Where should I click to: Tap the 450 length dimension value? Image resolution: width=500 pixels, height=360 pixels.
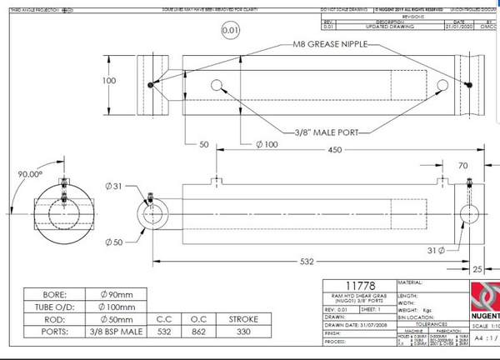335,150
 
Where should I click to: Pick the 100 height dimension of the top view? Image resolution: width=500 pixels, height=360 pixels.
109,81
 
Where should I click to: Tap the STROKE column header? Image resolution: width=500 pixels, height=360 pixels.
242,319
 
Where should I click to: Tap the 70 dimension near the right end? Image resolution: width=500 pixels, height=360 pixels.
463,165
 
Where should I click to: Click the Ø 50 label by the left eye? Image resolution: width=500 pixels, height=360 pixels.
115,242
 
